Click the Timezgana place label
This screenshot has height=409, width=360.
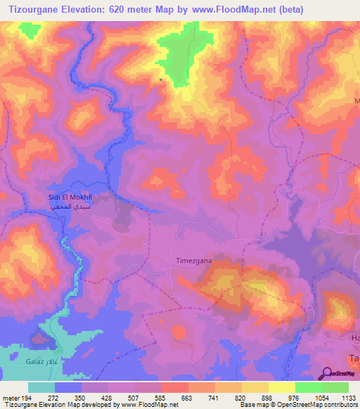tap(193, 260)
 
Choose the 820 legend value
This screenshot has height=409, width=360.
tap(240, 397)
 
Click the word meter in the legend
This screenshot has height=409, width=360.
tap(11, 397)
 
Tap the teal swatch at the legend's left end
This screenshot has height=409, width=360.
tap(41, 387)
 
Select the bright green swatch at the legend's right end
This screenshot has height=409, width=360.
tap(335, 387)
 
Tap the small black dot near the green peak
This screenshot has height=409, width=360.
tap(161, 79)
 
